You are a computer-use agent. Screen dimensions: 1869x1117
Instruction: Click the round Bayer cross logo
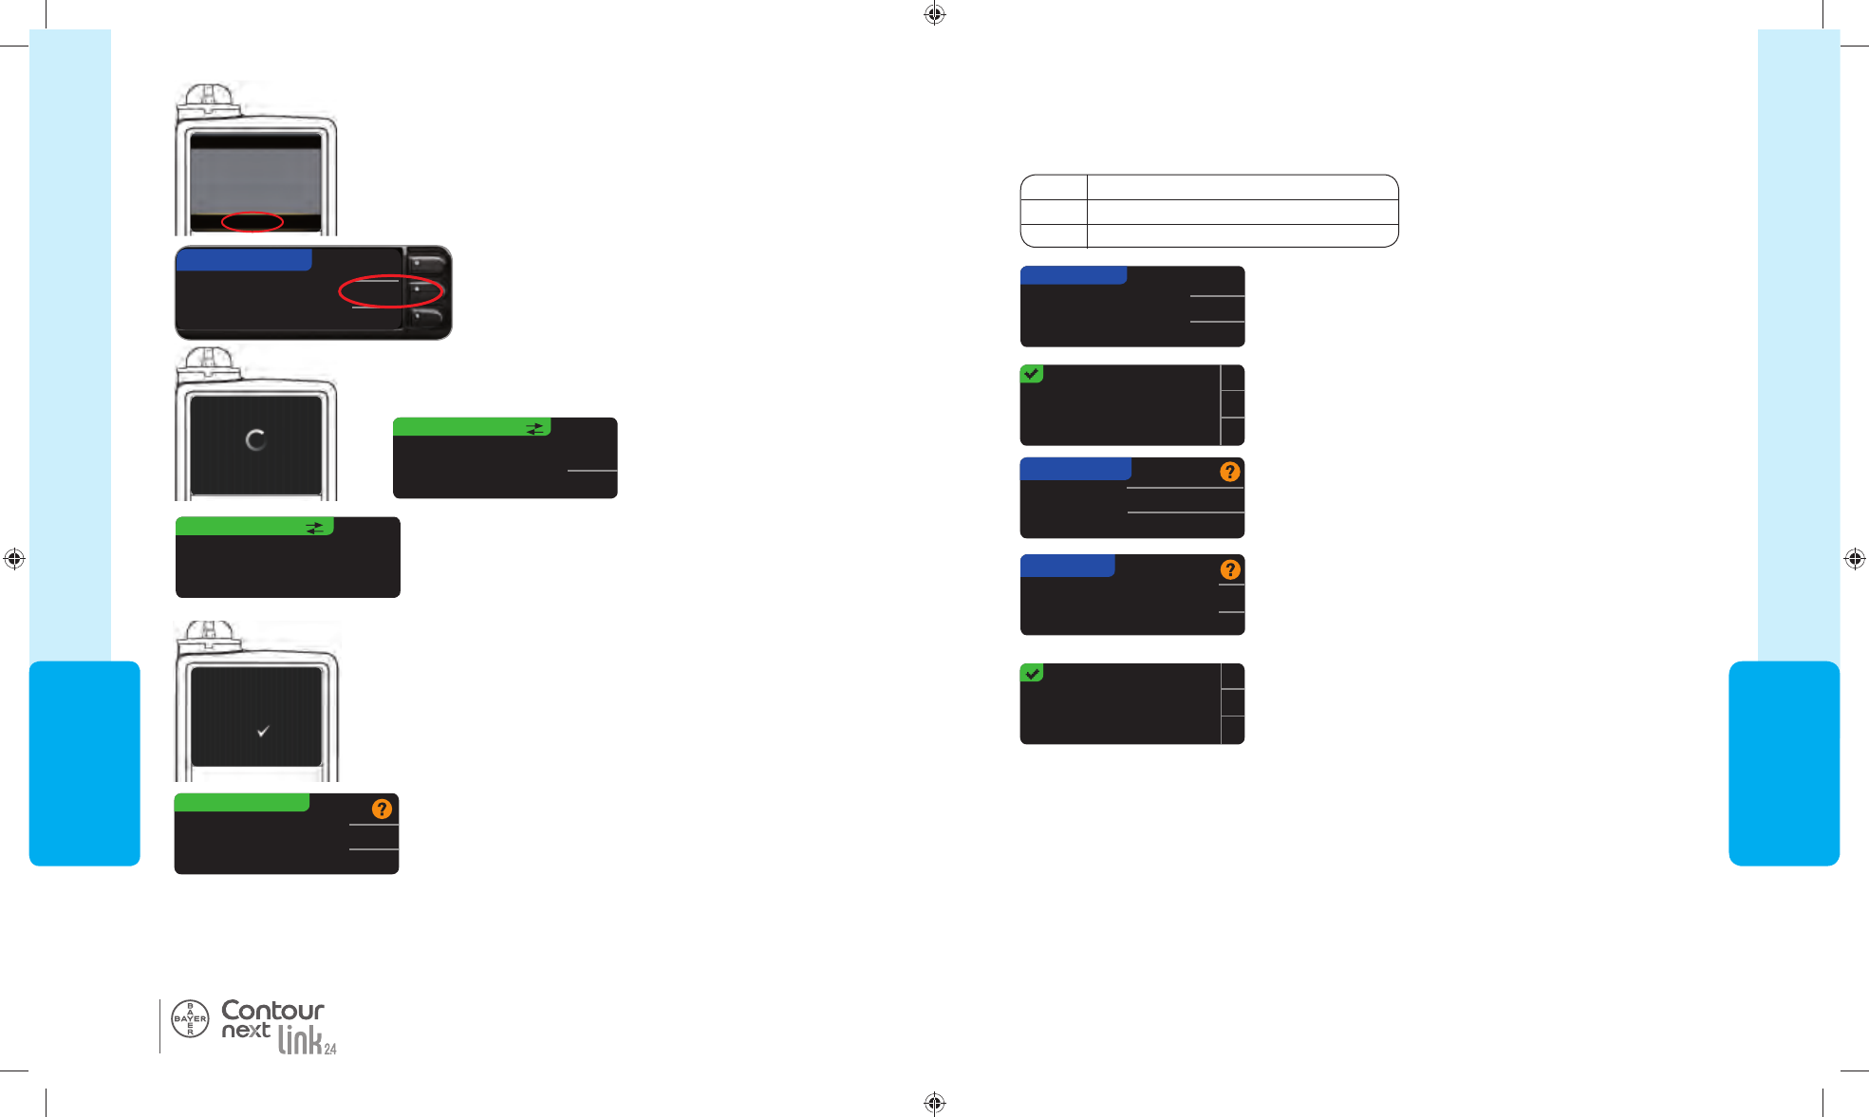coord(190,1018)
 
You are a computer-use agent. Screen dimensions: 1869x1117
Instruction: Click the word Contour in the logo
coord(272,1010)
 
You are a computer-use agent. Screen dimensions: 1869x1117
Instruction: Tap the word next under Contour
coord(246,1031)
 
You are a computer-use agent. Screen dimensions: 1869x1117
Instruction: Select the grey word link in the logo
coord(299,1041)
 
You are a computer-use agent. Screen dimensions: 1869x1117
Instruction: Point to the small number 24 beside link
coord(330,1049)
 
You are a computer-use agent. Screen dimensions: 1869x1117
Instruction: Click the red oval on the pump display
coord(252,222)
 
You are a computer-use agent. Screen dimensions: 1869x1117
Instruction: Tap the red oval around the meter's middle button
coord(391,291)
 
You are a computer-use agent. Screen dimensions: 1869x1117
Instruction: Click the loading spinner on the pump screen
coord(255,440)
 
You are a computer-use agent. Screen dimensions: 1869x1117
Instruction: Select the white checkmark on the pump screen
coord(263,731)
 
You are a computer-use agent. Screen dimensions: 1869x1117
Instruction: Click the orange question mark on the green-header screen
coord(382,809)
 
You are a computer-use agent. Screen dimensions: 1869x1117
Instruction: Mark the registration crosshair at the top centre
coord(934,13)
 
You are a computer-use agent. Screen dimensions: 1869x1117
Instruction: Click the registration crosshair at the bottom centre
coord(934,1102)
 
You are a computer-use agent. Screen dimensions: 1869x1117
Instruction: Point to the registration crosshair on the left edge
coord(13,559)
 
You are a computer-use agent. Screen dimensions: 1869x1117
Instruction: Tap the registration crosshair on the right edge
coord(1855,559)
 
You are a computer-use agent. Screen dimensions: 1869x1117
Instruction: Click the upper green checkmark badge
coord(1032,374)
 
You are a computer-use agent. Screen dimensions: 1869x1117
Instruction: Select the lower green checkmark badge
coord(1032,673)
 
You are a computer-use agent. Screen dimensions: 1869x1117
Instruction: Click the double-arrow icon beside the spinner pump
coord(535,428)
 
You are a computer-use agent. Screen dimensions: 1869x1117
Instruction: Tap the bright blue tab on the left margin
coord(84,763)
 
